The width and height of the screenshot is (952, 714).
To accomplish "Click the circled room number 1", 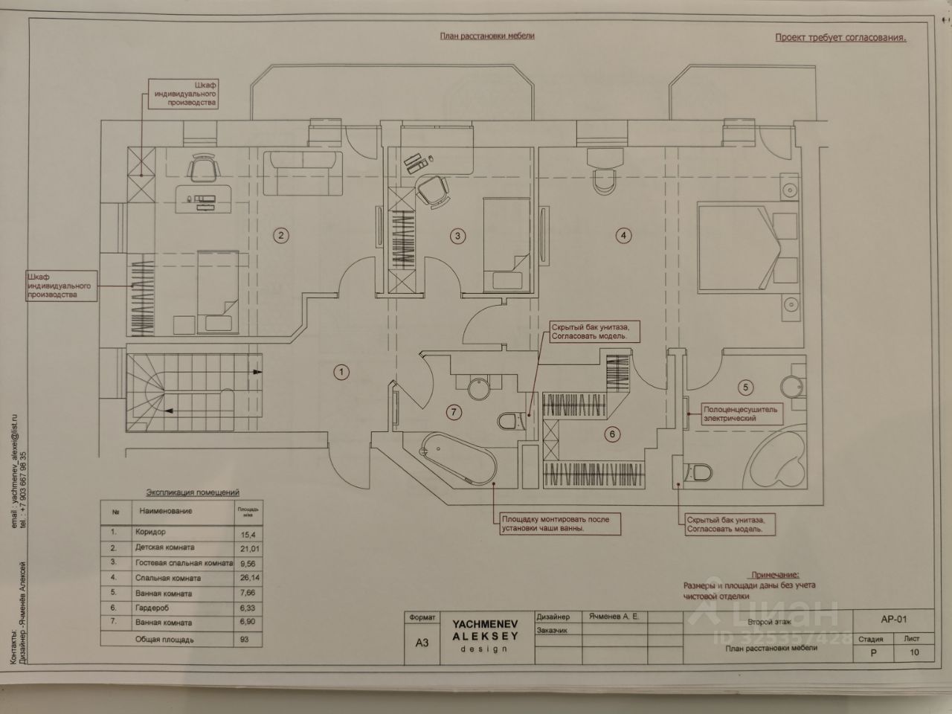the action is (x=340, y=372).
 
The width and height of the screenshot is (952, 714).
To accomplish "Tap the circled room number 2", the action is (x=280, y=237).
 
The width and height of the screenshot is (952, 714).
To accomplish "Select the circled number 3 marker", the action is (x=458, y=237).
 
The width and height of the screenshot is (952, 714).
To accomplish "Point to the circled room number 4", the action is (x=623, y=237).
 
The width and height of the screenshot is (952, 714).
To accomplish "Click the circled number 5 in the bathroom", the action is (x=747, y=387).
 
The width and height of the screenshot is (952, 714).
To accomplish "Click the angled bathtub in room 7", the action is (x=456, y=459).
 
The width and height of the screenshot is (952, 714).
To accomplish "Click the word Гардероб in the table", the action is (x=153, y=608).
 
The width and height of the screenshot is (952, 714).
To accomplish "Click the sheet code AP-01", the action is (x=893, y=619).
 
